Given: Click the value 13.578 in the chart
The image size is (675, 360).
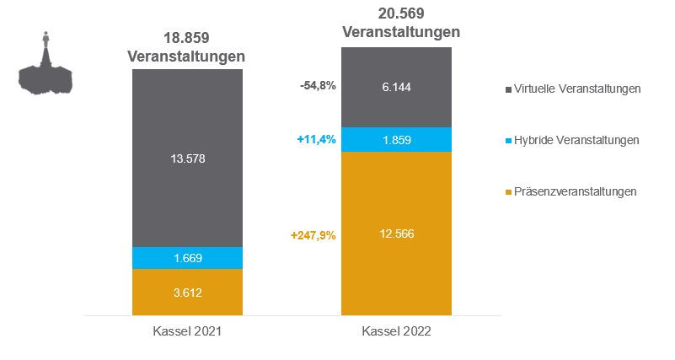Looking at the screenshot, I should (x=187, y=158).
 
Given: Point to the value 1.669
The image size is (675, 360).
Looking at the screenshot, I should (x=187, y=258).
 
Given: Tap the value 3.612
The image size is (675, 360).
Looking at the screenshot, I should (x=187, y=293).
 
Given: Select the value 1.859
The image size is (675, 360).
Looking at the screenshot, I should (x=396, y=140).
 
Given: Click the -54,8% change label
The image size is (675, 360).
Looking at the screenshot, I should (x=319, y=86).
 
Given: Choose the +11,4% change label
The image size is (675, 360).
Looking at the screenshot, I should (x=317, y=140).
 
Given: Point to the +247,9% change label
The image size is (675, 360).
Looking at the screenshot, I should (x=313, y=235).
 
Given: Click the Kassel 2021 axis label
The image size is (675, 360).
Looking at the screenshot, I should (x=187, y=332).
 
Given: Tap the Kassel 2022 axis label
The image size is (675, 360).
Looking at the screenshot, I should (x=396, y=332).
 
